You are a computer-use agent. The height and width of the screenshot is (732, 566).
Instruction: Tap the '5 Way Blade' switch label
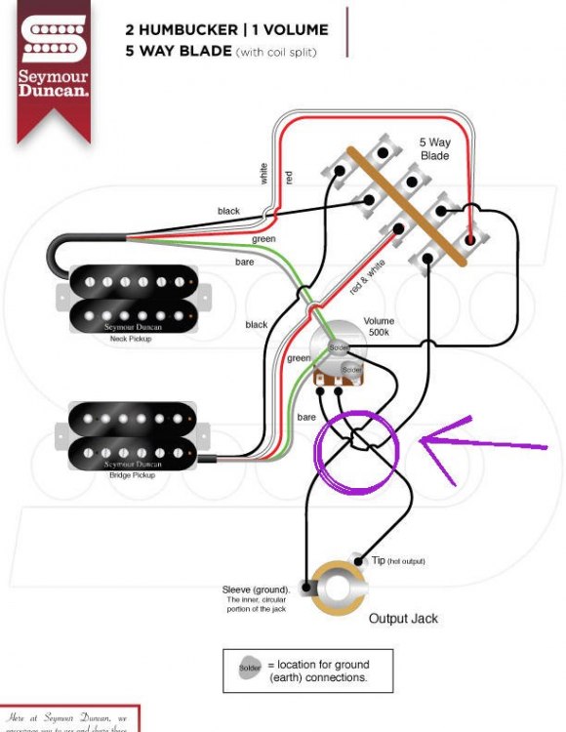435,148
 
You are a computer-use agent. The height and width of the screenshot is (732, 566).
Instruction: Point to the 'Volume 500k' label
379,327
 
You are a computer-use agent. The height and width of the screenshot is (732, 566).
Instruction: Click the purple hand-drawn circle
357,454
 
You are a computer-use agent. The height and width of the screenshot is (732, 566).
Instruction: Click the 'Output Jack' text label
403,619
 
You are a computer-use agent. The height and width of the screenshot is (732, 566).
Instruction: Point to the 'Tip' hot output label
379,561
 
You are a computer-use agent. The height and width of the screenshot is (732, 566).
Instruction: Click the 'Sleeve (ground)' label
256,590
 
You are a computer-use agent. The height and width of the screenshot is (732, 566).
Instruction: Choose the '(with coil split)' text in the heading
277,51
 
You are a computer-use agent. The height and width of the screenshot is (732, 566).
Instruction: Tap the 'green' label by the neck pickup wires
263,239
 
